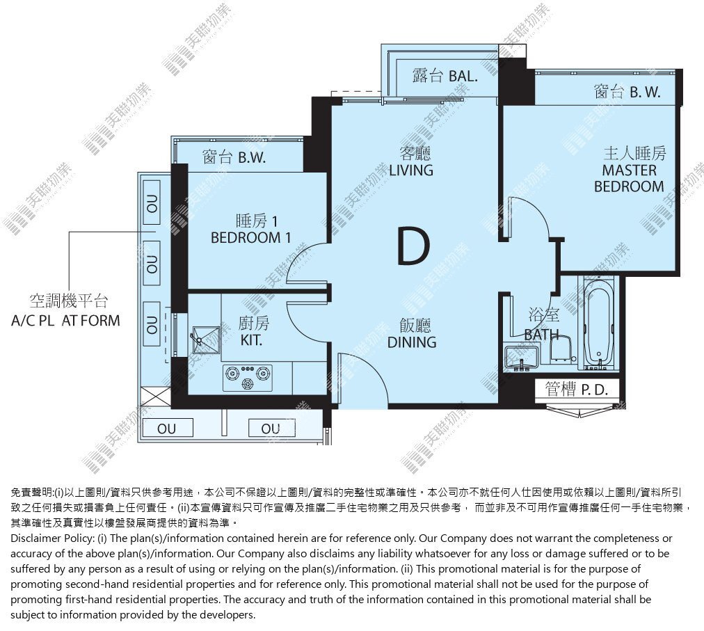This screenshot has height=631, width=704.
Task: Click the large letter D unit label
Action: (x=413, y=246)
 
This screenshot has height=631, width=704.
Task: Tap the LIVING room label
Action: (x=411, y=170)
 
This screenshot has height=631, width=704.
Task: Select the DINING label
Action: (x=412, y=342)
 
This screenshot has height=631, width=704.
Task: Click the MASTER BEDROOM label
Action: (x=629, y=178)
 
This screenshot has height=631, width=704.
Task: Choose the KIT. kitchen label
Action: (x=251, y=340)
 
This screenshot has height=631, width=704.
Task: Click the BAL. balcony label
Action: (x=463, y=76)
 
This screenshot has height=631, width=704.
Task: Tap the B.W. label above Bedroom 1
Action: (x=252, y=158)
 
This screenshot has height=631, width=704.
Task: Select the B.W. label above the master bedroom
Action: (x=645, y=93)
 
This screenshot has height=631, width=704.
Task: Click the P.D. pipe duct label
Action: (x=595, y=390)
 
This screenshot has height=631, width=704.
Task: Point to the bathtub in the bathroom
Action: (x=599, y=324)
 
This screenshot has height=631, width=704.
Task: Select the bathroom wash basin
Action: (x=522, y=358)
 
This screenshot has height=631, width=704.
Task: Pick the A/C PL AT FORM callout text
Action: (x=66, y=321)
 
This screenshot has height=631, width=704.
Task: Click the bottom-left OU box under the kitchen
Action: (x=167, y=428)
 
